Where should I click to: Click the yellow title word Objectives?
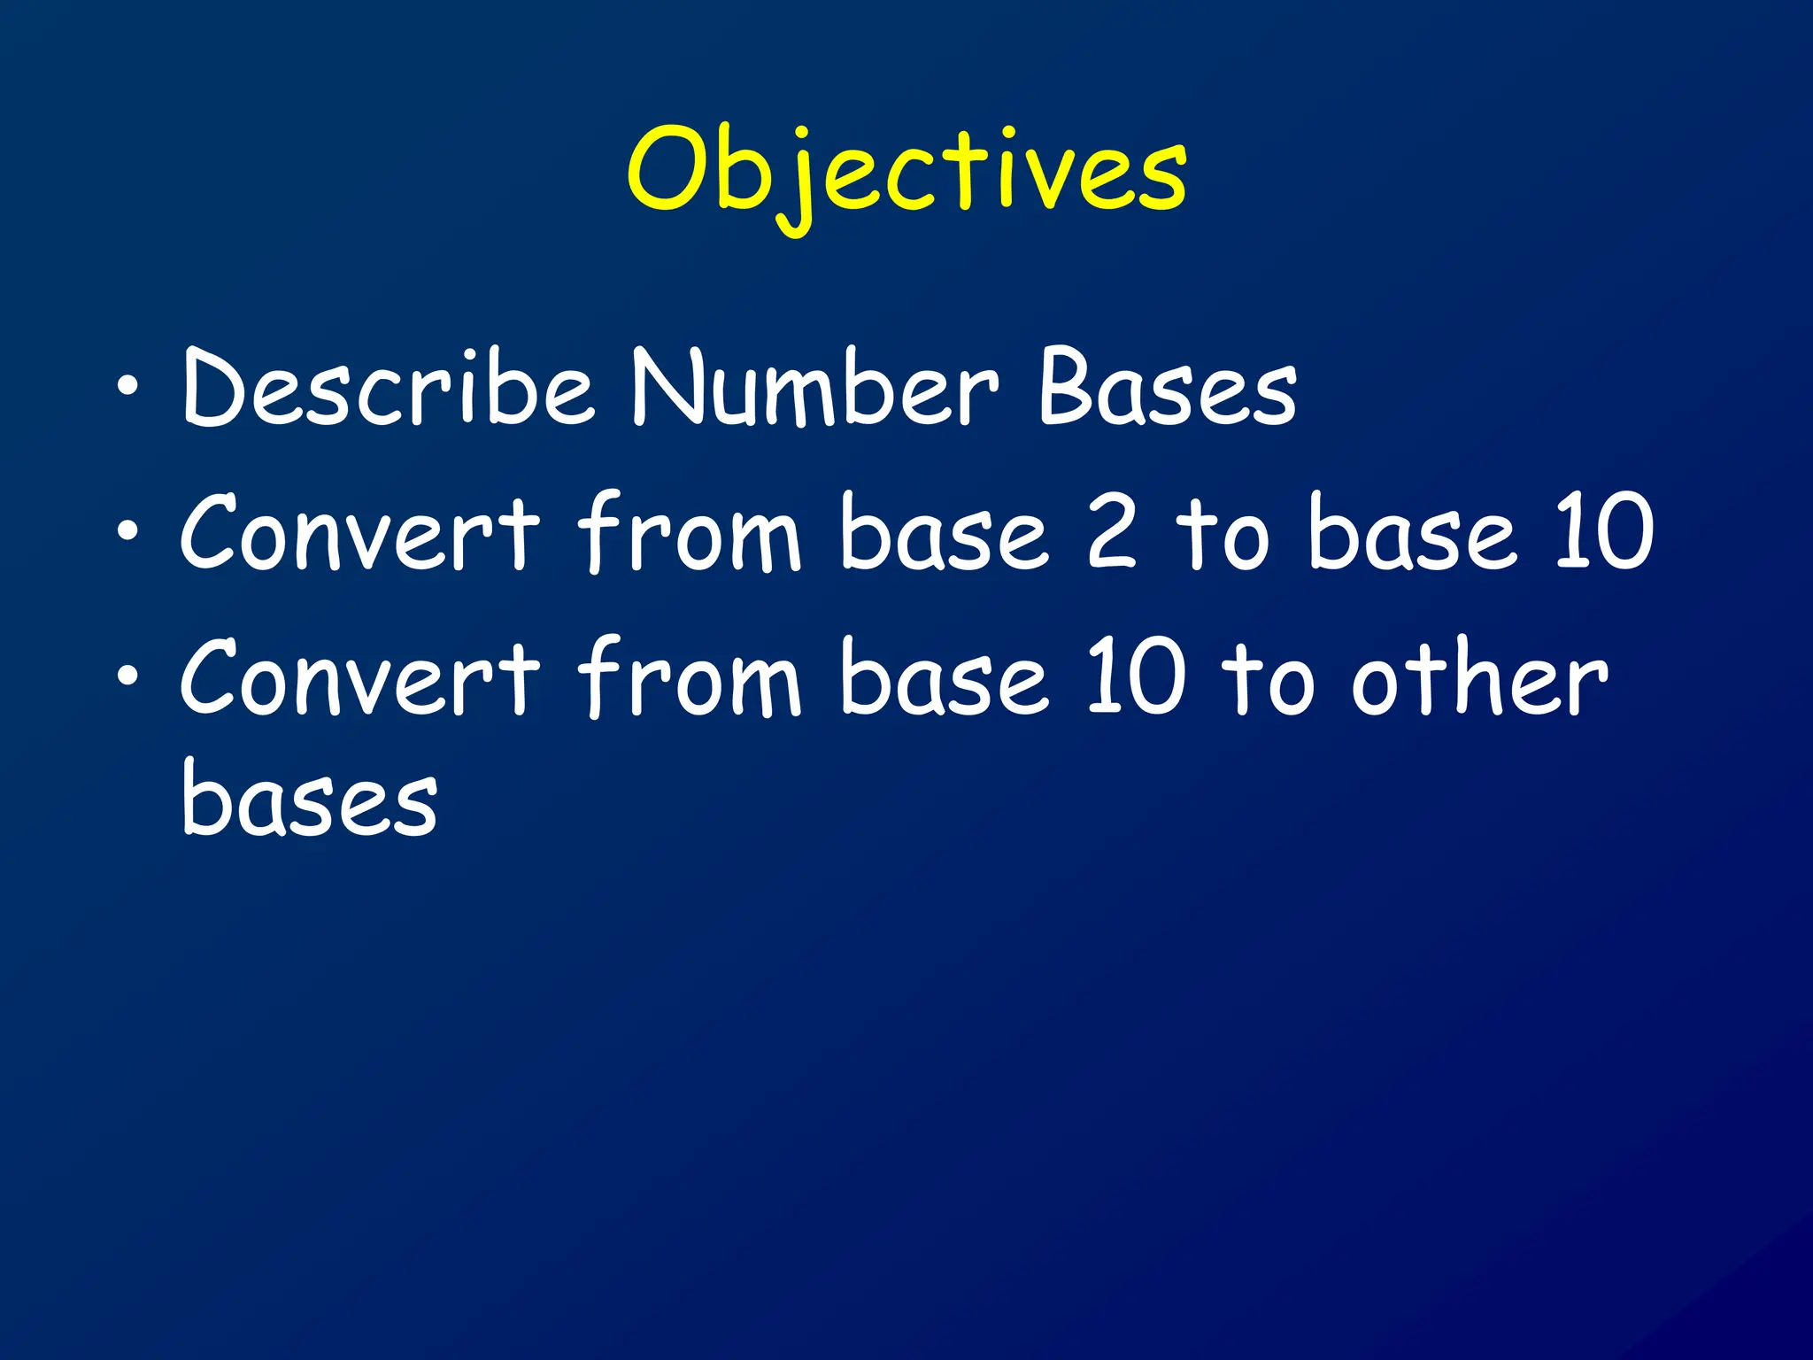(x=906, y=173)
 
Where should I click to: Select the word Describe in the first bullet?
(x=386, y=388)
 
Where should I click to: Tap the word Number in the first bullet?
(x=814, y=388)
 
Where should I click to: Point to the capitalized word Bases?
(x=1167, y=388)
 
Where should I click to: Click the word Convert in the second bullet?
(x=359, y=533)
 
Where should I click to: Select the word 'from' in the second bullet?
(x=690, y=533)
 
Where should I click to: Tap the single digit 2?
(x=1111, y=533)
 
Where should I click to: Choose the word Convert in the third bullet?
(x=359, y=679)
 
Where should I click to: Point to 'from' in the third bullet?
(x=690, y=679)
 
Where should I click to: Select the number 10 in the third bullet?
(x=1136, y=679)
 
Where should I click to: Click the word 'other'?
(x=1478, y=679)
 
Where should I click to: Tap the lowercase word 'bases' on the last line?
(x=310, y=799)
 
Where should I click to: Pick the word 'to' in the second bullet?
(x=1223, y=533)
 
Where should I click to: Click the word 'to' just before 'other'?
(x=1268, y=679)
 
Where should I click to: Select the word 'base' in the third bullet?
(x=945, y=679)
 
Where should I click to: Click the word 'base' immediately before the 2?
(x=945, y=533)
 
